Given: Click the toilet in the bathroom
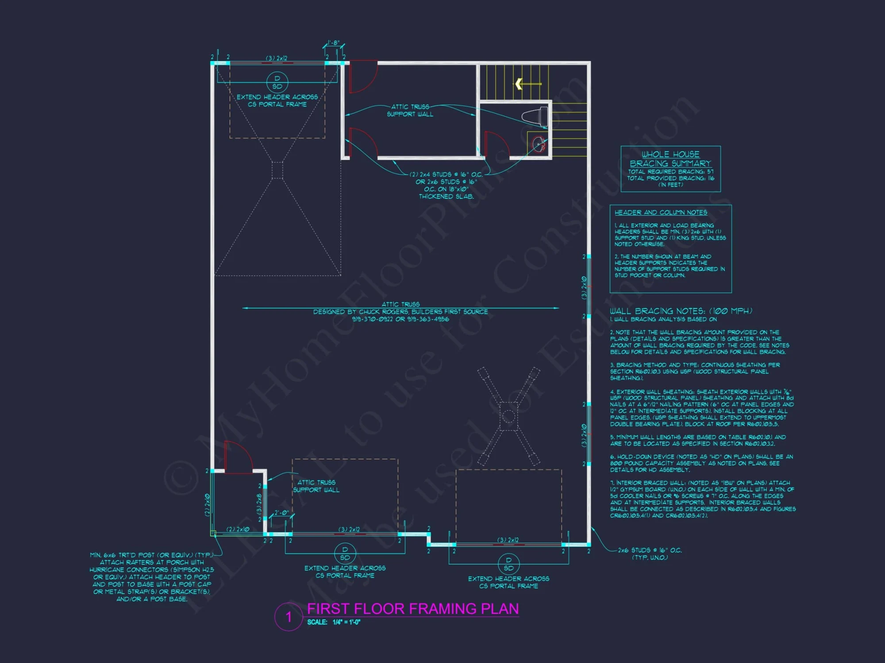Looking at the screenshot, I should [536, 116].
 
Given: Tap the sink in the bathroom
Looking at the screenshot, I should [539, 144].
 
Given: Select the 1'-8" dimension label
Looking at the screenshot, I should [333, 43].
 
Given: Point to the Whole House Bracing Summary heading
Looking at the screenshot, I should [670, 159].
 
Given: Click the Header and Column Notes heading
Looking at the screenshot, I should [661, 213].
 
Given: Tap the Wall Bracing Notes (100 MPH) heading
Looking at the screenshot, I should [681, 311].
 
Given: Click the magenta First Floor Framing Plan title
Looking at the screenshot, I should [413, 609].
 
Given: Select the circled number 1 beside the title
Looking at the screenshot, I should [289, 617].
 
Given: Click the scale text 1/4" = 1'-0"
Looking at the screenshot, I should [346, 622].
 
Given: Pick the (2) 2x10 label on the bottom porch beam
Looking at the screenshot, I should [238, 529].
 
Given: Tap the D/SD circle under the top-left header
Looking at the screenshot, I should [277, 82].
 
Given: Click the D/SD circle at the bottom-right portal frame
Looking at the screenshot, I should [508, 564].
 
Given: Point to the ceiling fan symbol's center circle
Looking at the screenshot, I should [508, 416].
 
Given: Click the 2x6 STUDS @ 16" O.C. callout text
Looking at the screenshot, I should [650, 550].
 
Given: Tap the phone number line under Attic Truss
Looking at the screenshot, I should [400, 319].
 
